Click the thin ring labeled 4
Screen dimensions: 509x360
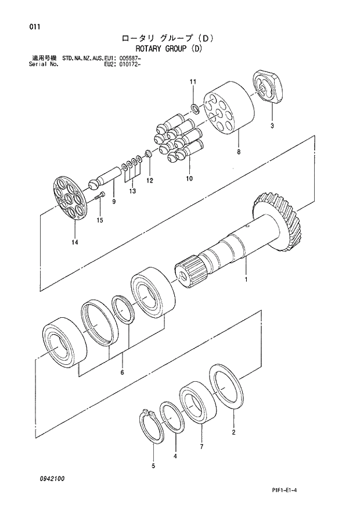point(171,417)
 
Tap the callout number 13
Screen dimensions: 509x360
point(132,191)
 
